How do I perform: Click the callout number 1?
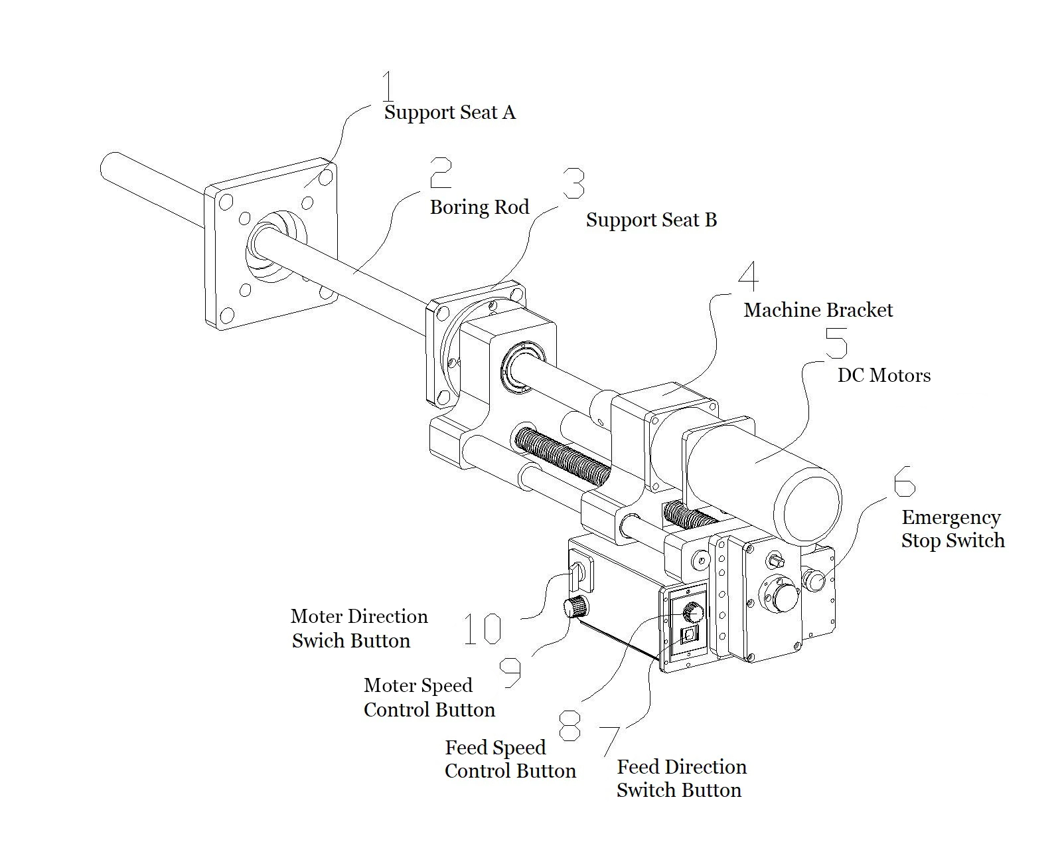tap(388, 86)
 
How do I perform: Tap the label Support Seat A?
tap(449, 112)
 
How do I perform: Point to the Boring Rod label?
tap(479, 207)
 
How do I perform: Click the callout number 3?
tap(574, 183)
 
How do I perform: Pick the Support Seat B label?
tap(651, 220)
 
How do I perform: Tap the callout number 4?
tap(749, 276)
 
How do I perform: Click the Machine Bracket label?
tap(818, 310)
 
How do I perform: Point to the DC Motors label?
tap(885, 375)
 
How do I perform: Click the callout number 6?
tap(904, 480)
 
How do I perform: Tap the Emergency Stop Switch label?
tap(952, 529)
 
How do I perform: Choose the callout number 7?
tap(610, 740)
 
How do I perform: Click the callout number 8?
tap(569, 724)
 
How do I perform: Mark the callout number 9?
tap(510, 672)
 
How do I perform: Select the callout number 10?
tap(483, 629)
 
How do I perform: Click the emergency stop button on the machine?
tap(814, 581)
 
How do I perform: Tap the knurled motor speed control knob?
tap(575, 606)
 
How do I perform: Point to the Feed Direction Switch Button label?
tap(680, 778)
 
